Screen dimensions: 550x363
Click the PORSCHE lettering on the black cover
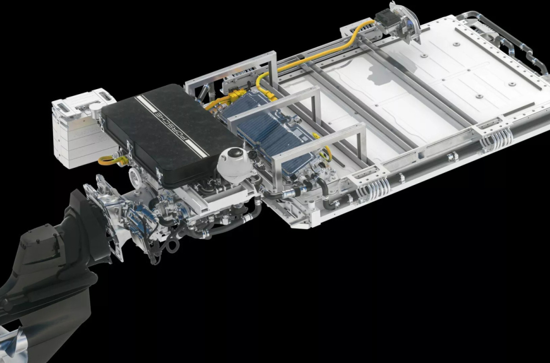coord(172,125)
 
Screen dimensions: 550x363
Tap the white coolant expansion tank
coord(235,164)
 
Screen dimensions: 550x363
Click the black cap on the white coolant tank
coord(235,152)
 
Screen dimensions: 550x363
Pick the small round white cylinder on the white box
coord(95,110)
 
